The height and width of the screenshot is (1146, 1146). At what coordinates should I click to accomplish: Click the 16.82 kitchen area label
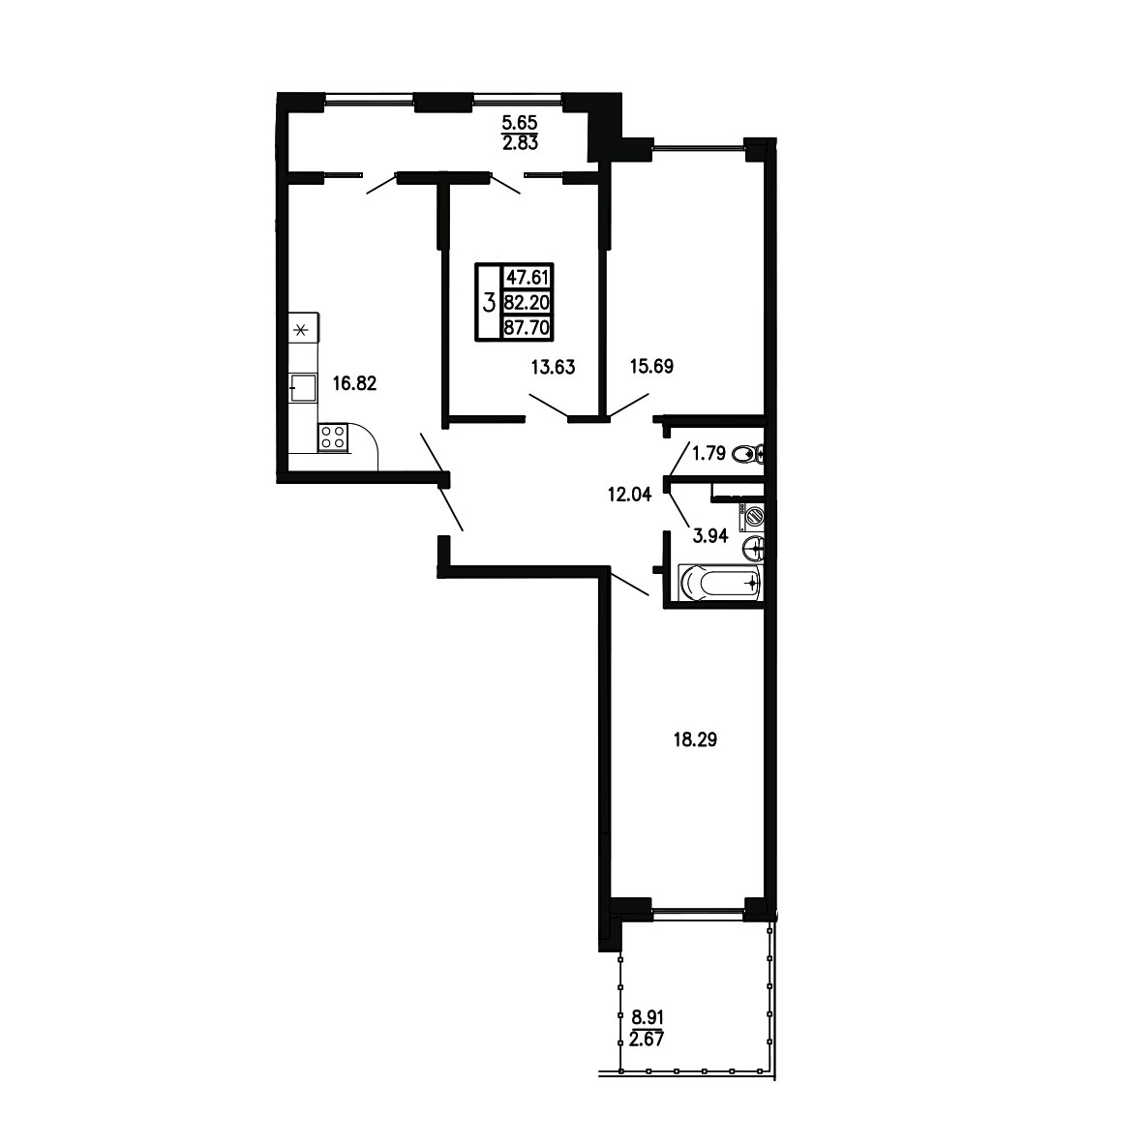pyautogui.click(x=354, y=383)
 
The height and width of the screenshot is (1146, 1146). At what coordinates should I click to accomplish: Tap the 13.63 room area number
pyautogui.click(x=554, y=367)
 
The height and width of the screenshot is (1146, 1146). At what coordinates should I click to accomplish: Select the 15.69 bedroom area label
pyautogui.click(x=651, y=367)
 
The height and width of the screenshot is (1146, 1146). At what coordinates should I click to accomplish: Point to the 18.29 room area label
pyautogui.click(x=695, y=739)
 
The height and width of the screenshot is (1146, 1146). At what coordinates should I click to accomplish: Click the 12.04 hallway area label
pyautogui.click(x=629, y=495)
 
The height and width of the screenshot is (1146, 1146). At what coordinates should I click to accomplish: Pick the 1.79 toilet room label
pyautogui.click(x=709, y=454)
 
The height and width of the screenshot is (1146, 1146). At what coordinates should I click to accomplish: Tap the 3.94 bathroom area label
pyautogui.click(x=710, y=535)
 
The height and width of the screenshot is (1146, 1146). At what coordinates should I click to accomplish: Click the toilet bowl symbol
pyautogui.click(x=747, y=454)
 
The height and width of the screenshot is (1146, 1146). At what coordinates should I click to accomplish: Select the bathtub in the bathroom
pyautogui.click(x=721, y=584)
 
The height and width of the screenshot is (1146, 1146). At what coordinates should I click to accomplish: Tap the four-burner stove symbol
pyautogui.click(x=333, y=437)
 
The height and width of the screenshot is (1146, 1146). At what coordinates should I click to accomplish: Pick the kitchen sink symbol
pyautogui.click(x=303, y=386)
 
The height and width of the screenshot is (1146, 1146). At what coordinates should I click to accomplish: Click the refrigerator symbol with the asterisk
pyautogui.click(x=303, y=330)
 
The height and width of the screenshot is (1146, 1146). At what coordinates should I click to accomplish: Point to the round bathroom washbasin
pyautogui.click(x=754, y=548)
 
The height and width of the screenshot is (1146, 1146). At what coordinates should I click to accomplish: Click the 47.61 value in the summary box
pyautogui.click(x=527, y=277)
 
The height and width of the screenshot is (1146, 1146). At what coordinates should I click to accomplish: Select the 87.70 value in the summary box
pyautogui.click(x=527, y=327)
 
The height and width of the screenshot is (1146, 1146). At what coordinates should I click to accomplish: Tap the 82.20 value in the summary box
pyautogui.click(x=527, y=302)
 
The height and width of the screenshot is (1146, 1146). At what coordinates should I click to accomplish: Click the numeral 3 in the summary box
pyautogui.click(x=489, y=302)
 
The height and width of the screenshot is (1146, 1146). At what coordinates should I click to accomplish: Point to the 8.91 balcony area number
pyautogui.click(x=647, y=1016)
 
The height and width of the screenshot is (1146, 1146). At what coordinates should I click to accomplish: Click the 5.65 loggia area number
pyautogui.click(x=520, y=125)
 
